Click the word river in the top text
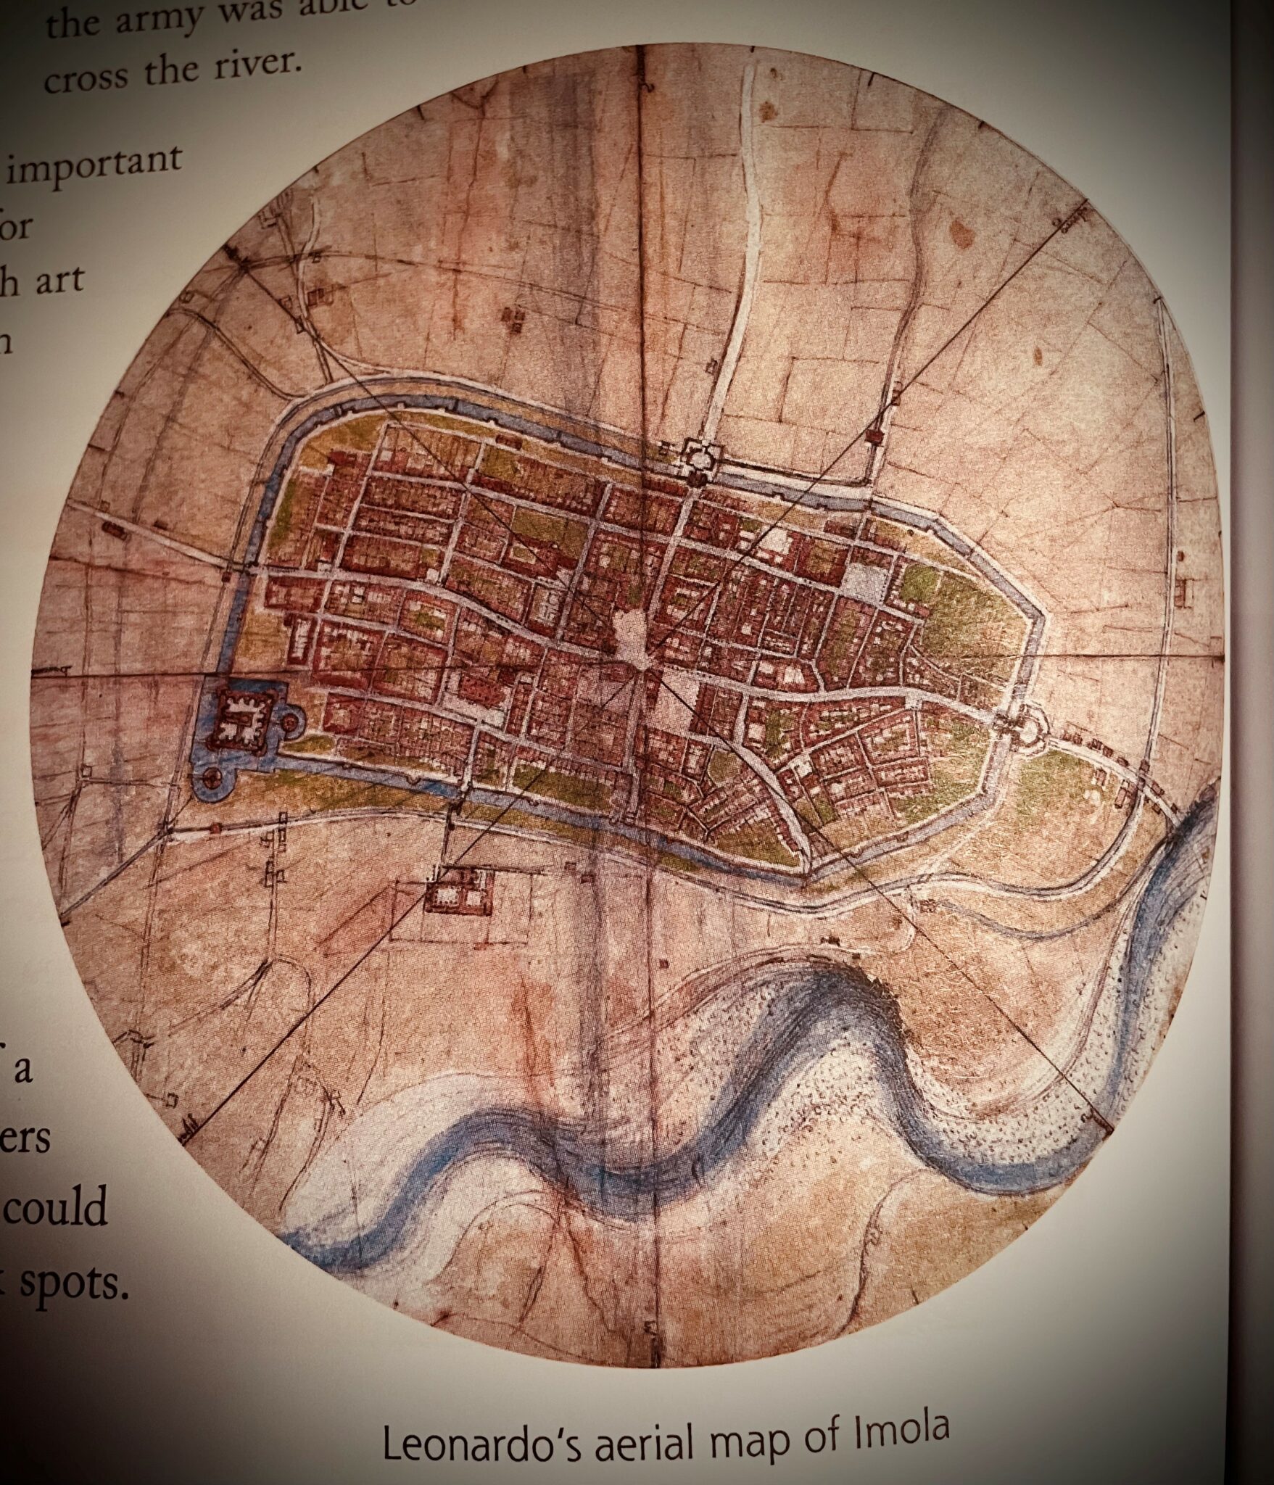250,67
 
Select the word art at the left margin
59,281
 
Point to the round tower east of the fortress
291,721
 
